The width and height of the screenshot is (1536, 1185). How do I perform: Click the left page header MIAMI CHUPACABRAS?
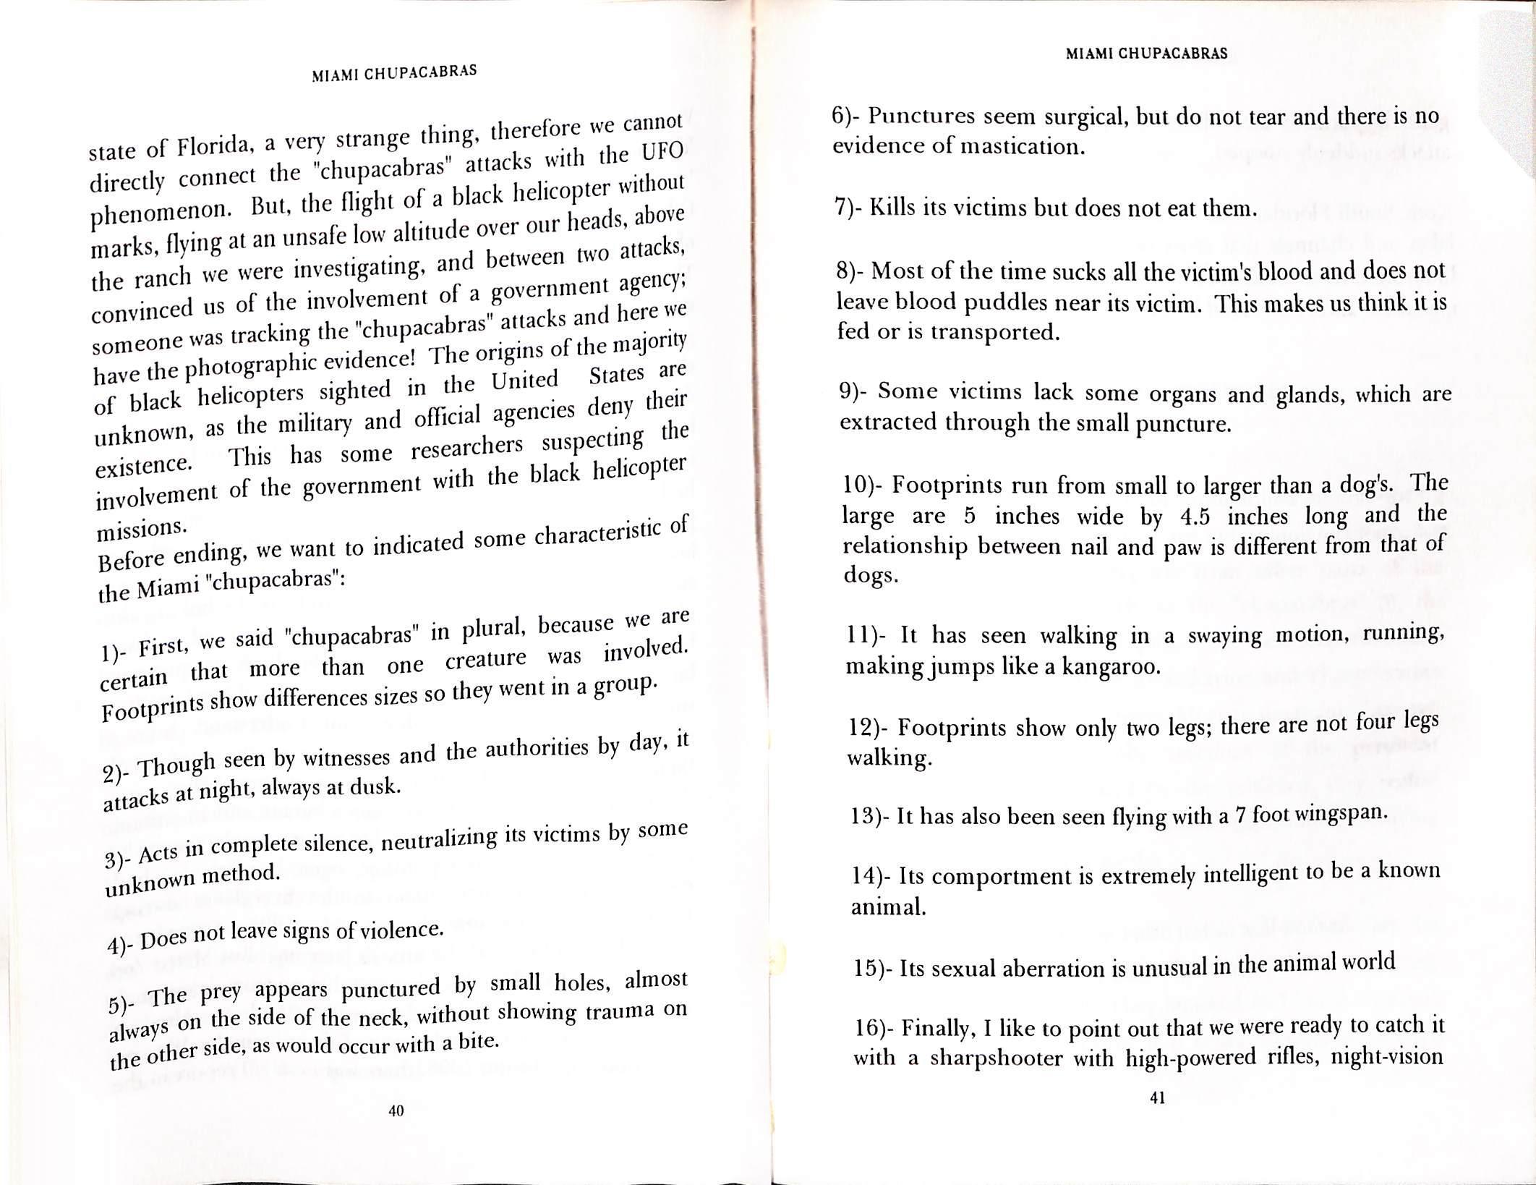(x=394, y=73)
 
